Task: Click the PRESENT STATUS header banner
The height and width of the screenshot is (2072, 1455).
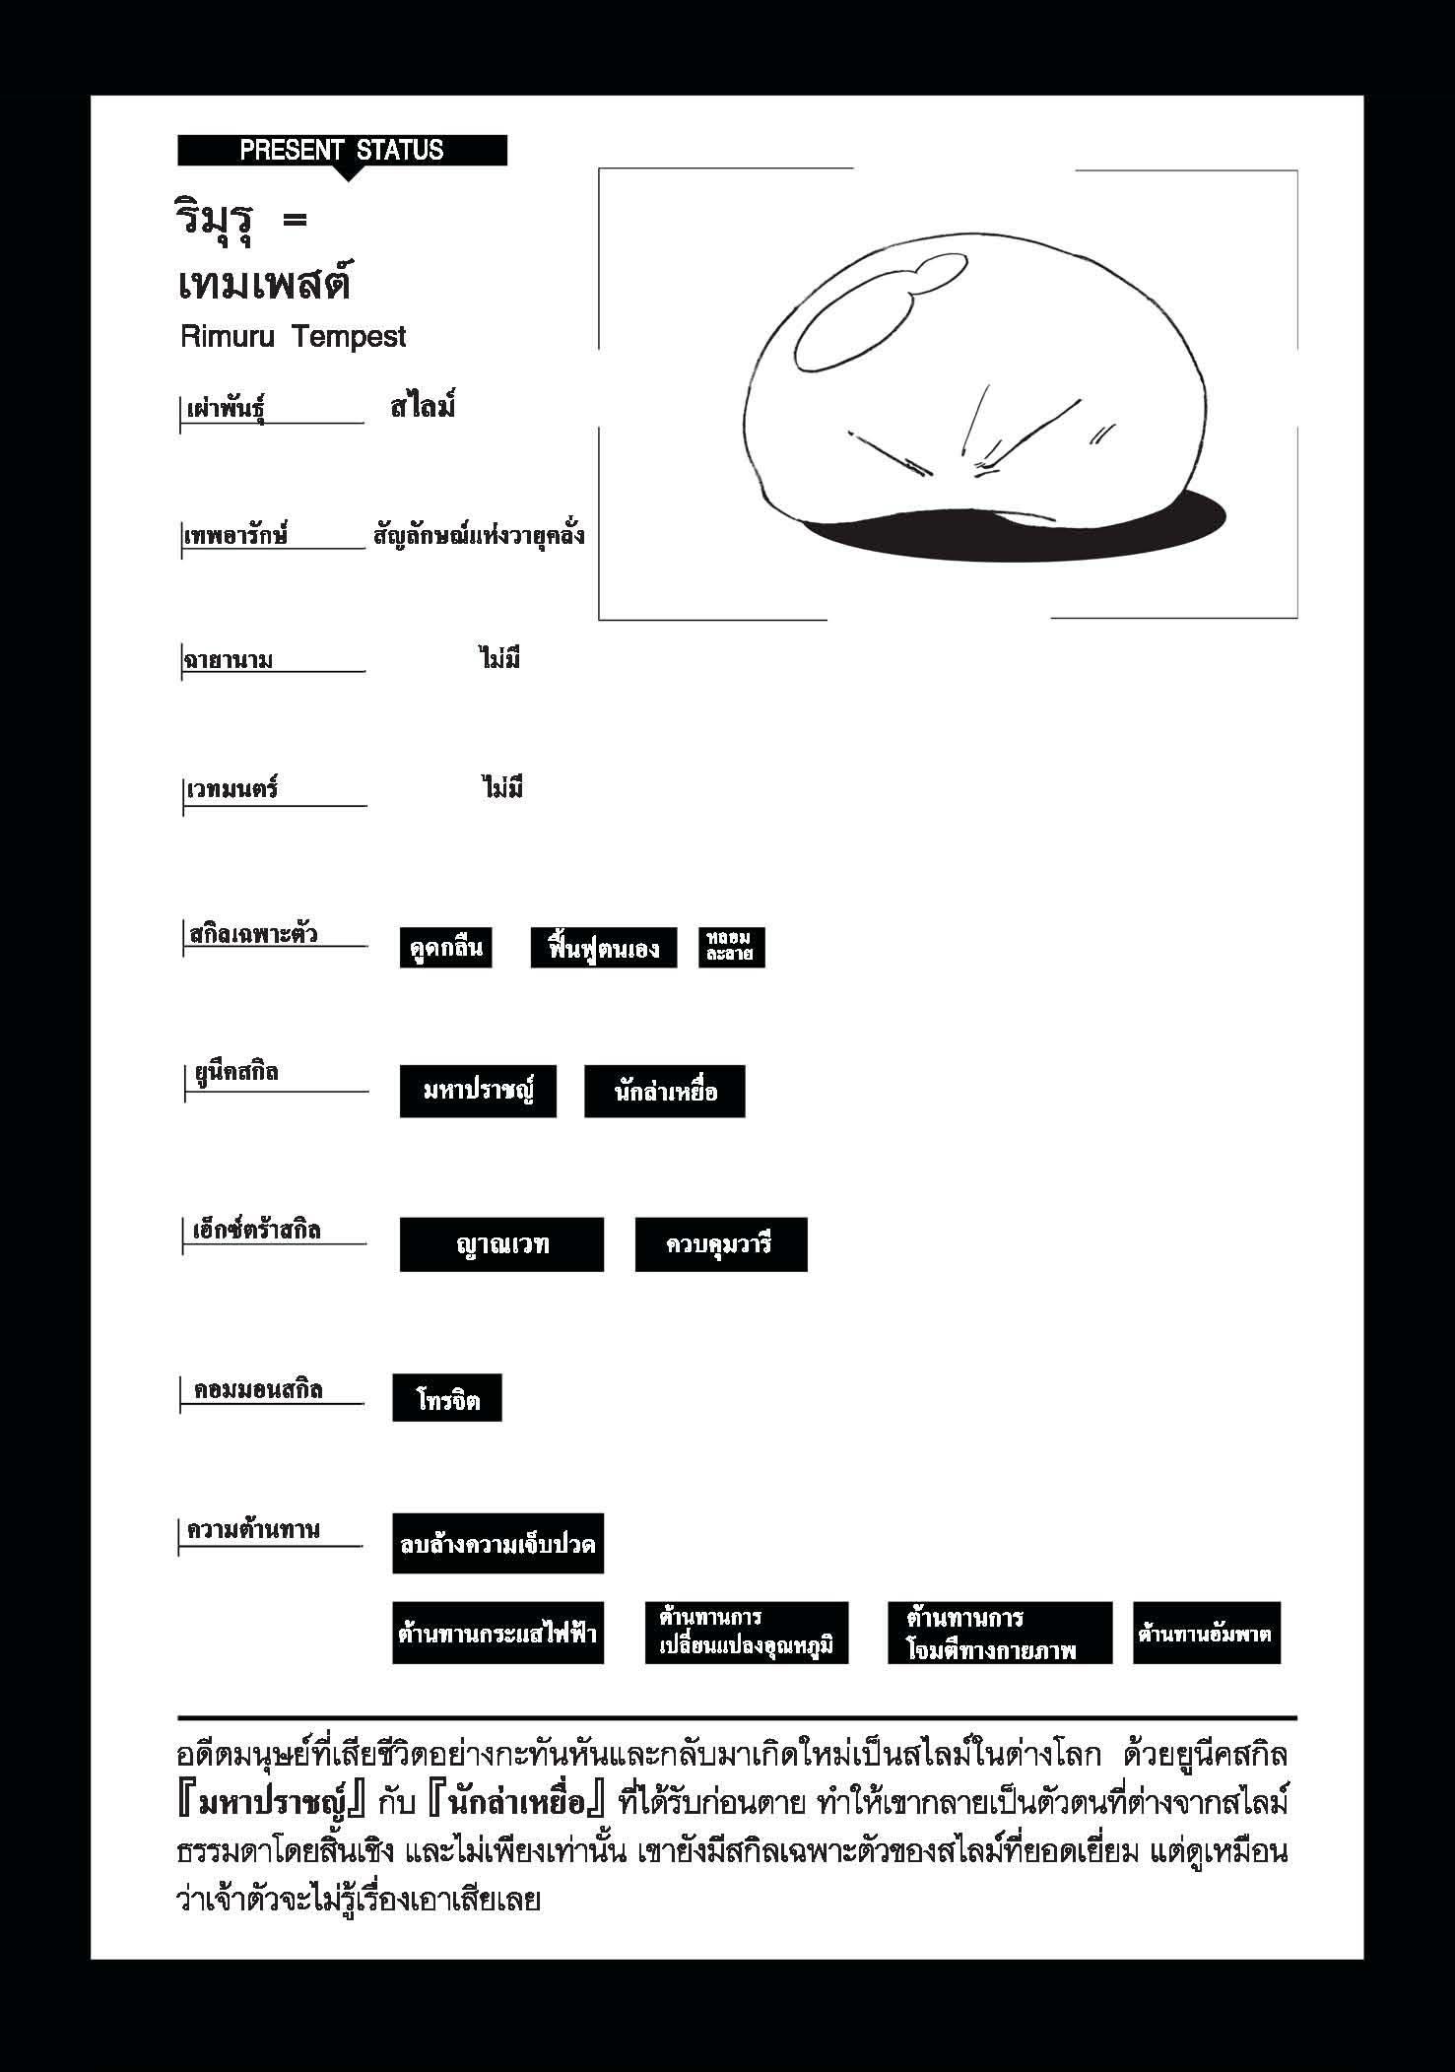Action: tap(342, 151)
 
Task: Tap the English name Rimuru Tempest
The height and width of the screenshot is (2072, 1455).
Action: tap(294, 337)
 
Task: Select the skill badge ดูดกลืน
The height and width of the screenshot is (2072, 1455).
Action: tap(446, 948)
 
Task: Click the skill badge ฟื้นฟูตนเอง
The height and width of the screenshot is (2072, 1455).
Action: tap(603, 948)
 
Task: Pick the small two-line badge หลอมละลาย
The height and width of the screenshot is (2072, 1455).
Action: tap(731, 948)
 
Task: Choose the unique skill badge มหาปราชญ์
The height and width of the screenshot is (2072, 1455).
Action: tap(478, 1091)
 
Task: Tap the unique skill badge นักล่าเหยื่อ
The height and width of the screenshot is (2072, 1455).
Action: tap(664, 1091)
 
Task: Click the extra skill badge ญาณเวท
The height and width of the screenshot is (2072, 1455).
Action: tap(501, 1244)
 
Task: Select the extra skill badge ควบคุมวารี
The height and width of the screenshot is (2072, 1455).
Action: tap(720, 1244)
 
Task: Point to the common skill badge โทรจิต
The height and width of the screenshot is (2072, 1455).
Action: tap(447, 1398)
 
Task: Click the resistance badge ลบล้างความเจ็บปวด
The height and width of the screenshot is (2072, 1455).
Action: tap(497, 1544)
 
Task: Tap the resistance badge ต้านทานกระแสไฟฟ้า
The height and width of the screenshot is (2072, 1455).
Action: tap(497, 1634)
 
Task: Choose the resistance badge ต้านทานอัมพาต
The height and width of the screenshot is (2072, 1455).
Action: tap(1206, 1634)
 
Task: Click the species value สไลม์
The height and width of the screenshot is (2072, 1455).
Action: tap(423, 406)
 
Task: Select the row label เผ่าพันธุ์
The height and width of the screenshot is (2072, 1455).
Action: tap(227, 409)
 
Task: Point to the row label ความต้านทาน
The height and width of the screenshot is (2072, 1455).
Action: tap(254, 1531)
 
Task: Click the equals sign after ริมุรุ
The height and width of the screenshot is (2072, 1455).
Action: tap(294, 221)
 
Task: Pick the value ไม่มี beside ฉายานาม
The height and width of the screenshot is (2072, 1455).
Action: tap(500, 658)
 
